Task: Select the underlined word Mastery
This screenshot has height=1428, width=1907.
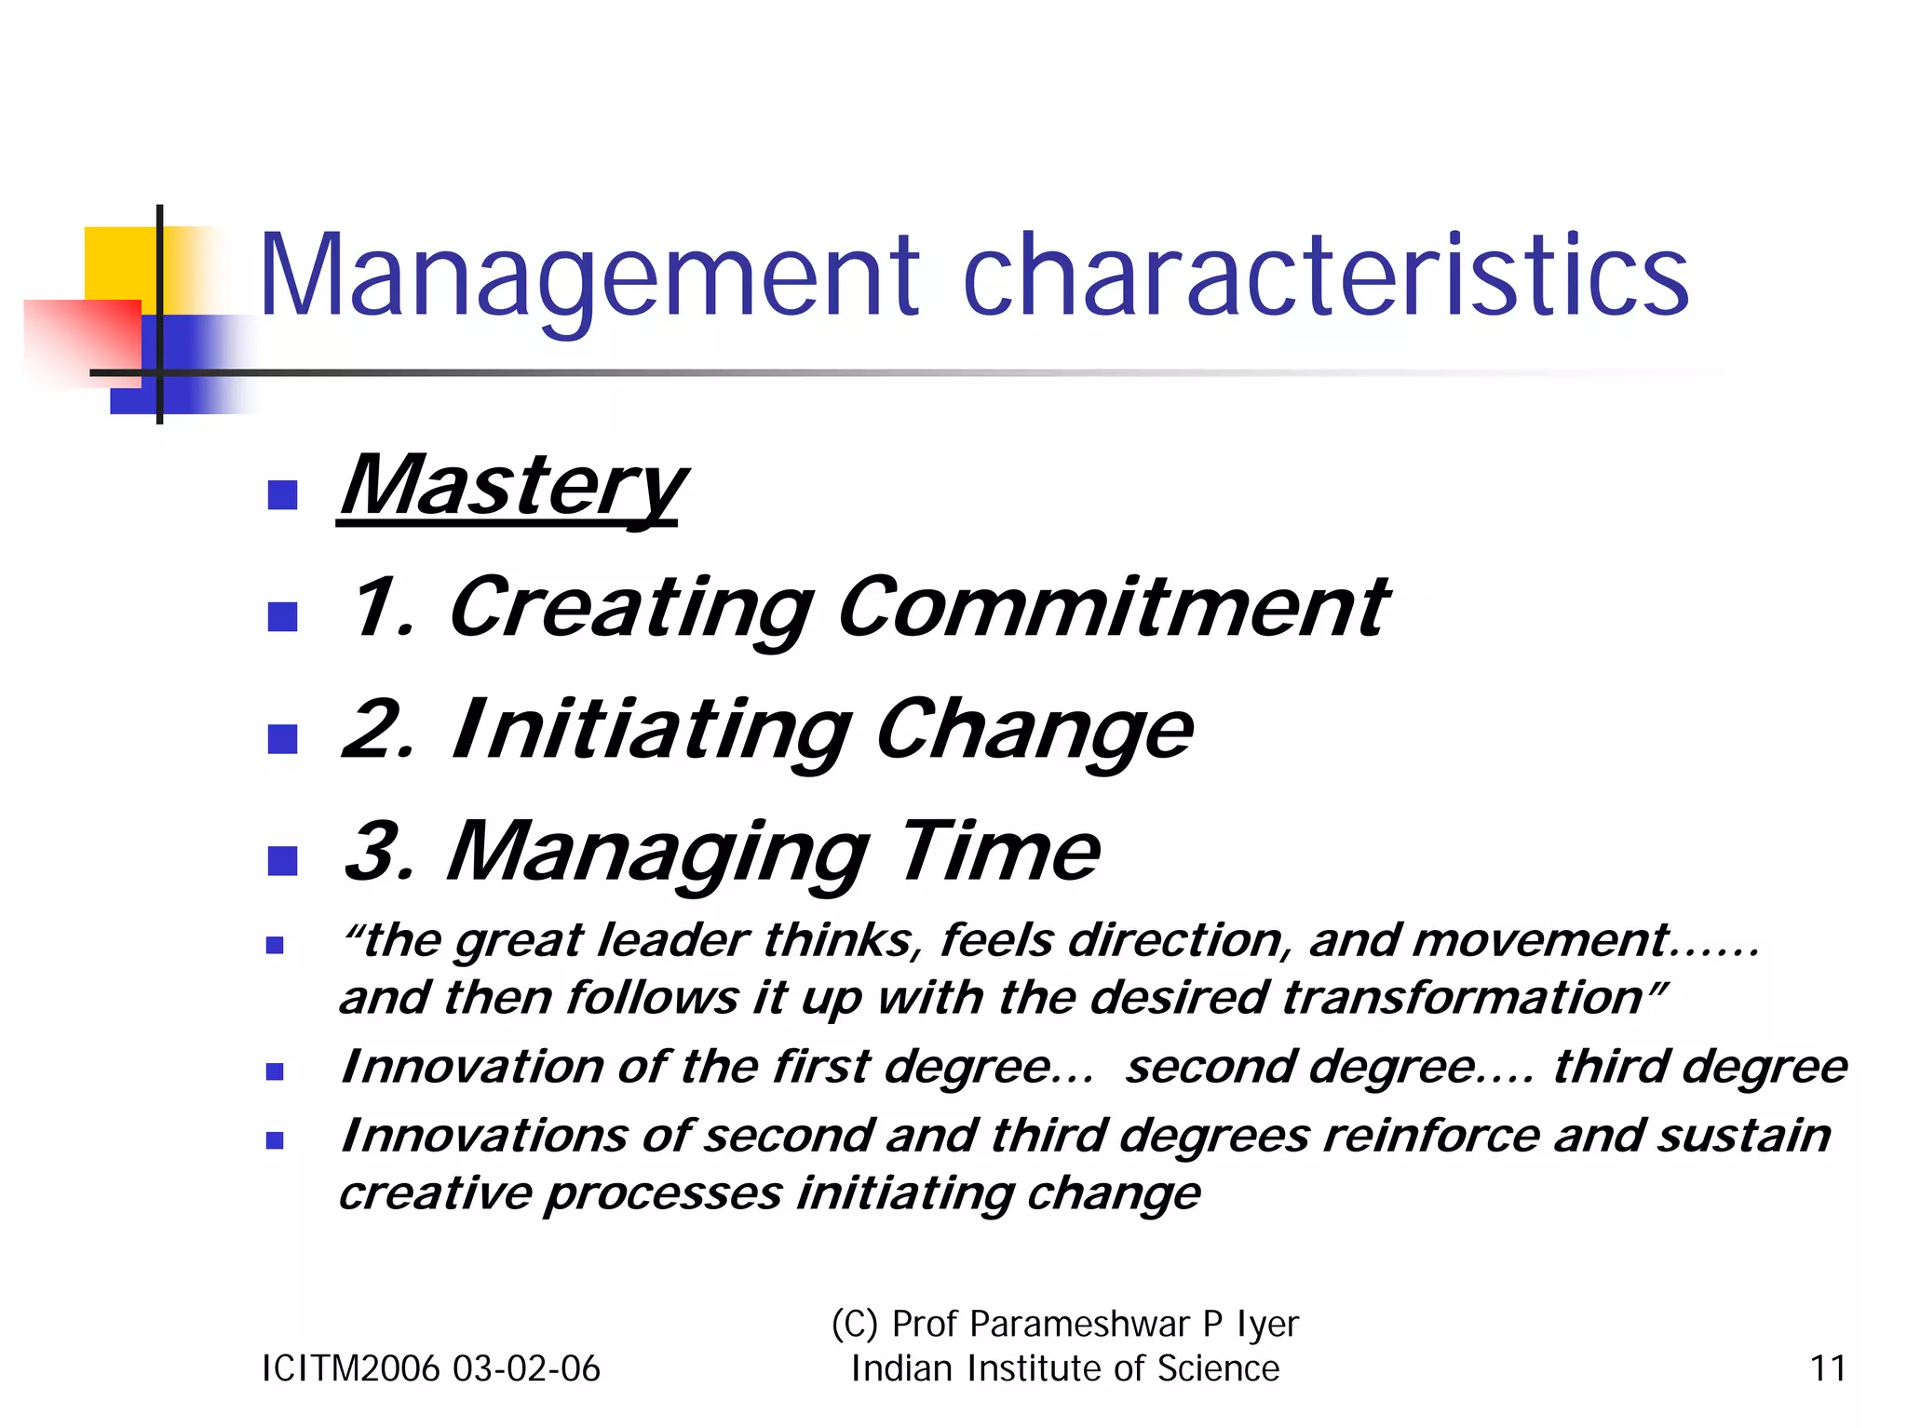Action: click(512, 486)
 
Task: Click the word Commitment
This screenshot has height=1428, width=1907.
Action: click(1113, 608)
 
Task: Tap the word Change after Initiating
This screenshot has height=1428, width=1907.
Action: click(1034, 731)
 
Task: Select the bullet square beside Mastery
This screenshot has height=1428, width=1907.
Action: click(282, 494)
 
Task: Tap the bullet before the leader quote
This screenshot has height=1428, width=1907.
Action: click(275, 946)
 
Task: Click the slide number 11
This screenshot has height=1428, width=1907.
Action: click(1827, 1368)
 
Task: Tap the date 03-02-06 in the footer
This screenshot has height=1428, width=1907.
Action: click(526, 1368)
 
